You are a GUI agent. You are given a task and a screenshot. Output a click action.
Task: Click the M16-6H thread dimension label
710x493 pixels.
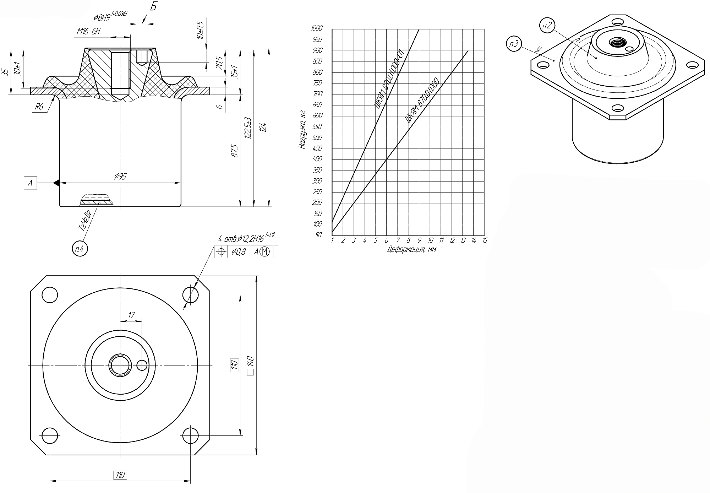pyautogui.click(x=89, y=32)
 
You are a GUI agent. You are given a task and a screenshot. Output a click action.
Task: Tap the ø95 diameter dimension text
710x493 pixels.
pyautogui.click(x=120, y=176)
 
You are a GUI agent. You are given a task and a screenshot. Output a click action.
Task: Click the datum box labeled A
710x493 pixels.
pyautogui.click(x=30, y=183)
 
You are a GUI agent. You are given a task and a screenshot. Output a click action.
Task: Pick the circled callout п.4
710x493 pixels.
pyautogui.click(x=80, y=249)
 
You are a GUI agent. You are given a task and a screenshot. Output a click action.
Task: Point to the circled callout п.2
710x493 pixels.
pyautogui.click(x=547, y=26)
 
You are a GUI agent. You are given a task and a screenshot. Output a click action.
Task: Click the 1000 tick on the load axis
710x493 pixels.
pyautogui.click(x=316, y=28)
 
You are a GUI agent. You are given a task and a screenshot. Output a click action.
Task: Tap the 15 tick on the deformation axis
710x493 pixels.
pyautogui.click(x=485, y=240)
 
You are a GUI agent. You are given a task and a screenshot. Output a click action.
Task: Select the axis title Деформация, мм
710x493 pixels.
pyautogui.click(x=411, y=249)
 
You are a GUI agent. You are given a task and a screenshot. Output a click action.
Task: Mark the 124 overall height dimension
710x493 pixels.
pyautogui.click(x=263, y=127)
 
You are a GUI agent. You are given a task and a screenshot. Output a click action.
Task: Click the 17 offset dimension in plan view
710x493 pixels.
pyautogui.click(x=131, y=315)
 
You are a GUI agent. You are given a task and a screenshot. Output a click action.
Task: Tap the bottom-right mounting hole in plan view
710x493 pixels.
pyautogui.click(x=191, y=435)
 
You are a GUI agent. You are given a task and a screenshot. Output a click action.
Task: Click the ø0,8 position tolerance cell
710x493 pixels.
pyautogui.click(x=239, y=252)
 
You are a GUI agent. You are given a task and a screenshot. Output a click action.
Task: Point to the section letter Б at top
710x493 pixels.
pyautogui.click(x=153, y=7)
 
